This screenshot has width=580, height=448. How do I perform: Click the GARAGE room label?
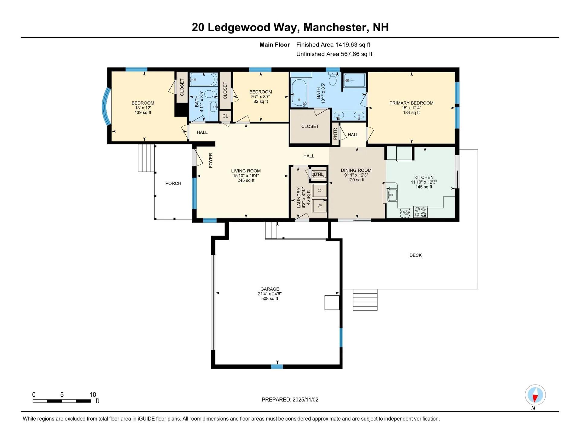269,289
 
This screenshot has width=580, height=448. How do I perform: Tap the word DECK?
415,255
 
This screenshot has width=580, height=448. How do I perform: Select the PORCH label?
173,183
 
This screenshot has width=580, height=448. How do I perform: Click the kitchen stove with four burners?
420,211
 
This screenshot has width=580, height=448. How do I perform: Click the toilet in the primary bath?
333,79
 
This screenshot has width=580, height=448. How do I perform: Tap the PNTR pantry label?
335,134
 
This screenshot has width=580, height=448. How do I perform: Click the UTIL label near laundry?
318,174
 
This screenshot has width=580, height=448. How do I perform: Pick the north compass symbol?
535,395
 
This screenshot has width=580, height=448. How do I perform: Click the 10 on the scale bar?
93,395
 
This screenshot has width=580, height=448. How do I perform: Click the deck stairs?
365,300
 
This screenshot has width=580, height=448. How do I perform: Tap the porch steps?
146,158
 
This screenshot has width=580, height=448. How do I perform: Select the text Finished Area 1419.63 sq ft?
333,45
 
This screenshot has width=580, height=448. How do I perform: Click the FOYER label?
211,160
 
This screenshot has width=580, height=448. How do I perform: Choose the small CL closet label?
225,116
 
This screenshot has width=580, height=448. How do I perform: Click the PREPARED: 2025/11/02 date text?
290,400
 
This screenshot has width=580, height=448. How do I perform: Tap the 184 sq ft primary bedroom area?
411,113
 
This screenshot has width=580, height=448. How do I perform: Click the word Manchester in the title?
336,27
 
